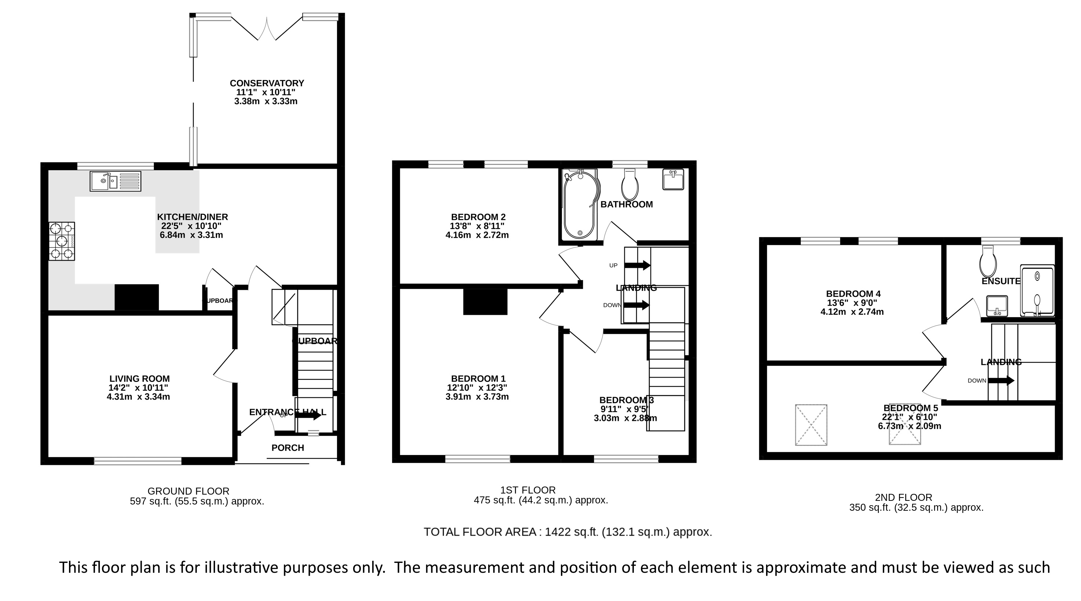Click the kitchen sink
pos(115,181)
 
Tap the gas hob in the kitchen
pos(62,241)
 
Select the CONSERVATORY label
pos(267,83)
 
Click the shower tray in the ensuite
pos(1037,291)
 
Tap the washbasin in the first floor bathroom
pos(673,179)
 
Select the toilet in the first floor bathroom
pos(630,185)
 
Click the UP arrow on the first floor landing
pos(637,265)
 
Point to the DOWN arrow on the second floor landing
pos(1001,381)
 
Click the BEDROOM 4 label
pos(853,294)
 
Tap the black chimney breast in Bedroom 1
pos(485,302)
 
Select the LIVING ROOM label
pos(139,379)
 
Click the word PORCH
pos(287,448)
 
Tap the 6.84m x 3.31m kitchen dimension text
pos(191,235)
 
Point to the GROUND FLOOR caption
pos(188,491)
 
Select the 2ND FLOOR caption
pos(903,498)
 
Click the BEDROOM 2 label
pos(478,217)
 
